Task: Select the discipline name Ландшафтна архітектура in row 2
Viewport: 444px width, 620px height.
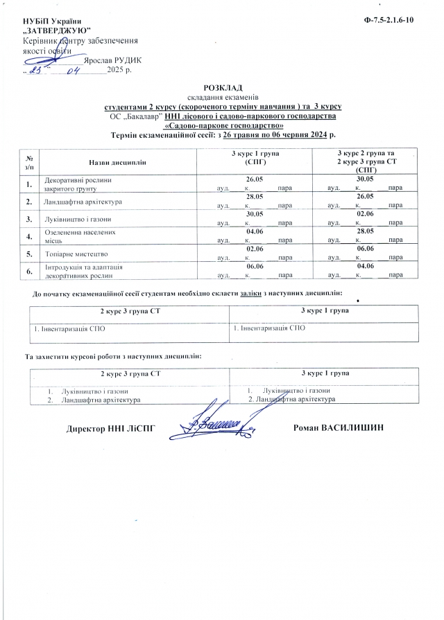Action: coord(83,202)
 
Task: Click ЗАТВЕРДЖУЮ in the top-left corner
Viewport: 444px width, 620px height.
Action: coord(55,32)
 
